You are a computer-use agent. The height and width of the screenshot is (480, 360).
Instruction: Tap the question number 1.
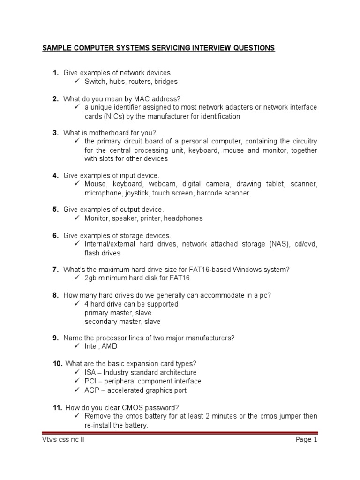(55, 73)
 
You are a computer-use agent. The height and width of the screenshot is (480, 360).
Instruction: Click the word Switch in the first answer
(95, 82)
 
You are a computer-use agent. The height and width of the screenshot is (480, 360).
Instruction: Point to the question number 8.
(55, 295)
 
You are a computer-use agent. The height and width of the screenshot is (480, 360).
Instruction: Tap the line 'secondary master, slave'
(122, 322)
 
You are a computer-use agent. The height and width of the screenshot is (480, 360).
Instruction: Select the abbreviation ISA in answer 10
(90, 373)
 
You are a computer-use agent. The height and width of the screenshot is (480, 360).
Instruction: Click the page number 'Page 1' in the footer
(306, 440)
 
